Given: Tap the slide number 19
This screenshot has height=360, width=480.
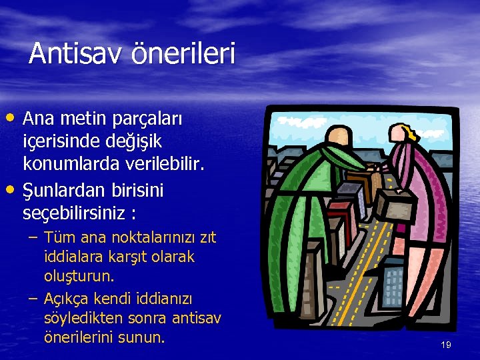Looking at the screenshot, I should click(446, 345).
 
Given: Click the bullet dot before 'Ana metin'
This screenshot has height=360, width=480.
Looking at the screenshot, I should click(13, 118).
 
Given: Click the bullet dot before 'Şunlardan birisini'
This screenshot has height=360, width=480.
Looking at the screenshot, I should click(13, 191).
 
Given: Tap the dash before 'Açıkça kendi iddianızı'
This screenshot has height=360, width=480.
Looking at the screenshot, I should click(33, 299).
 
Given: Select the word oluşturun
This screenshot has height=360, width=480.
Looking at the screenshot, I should click(79, 276).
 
